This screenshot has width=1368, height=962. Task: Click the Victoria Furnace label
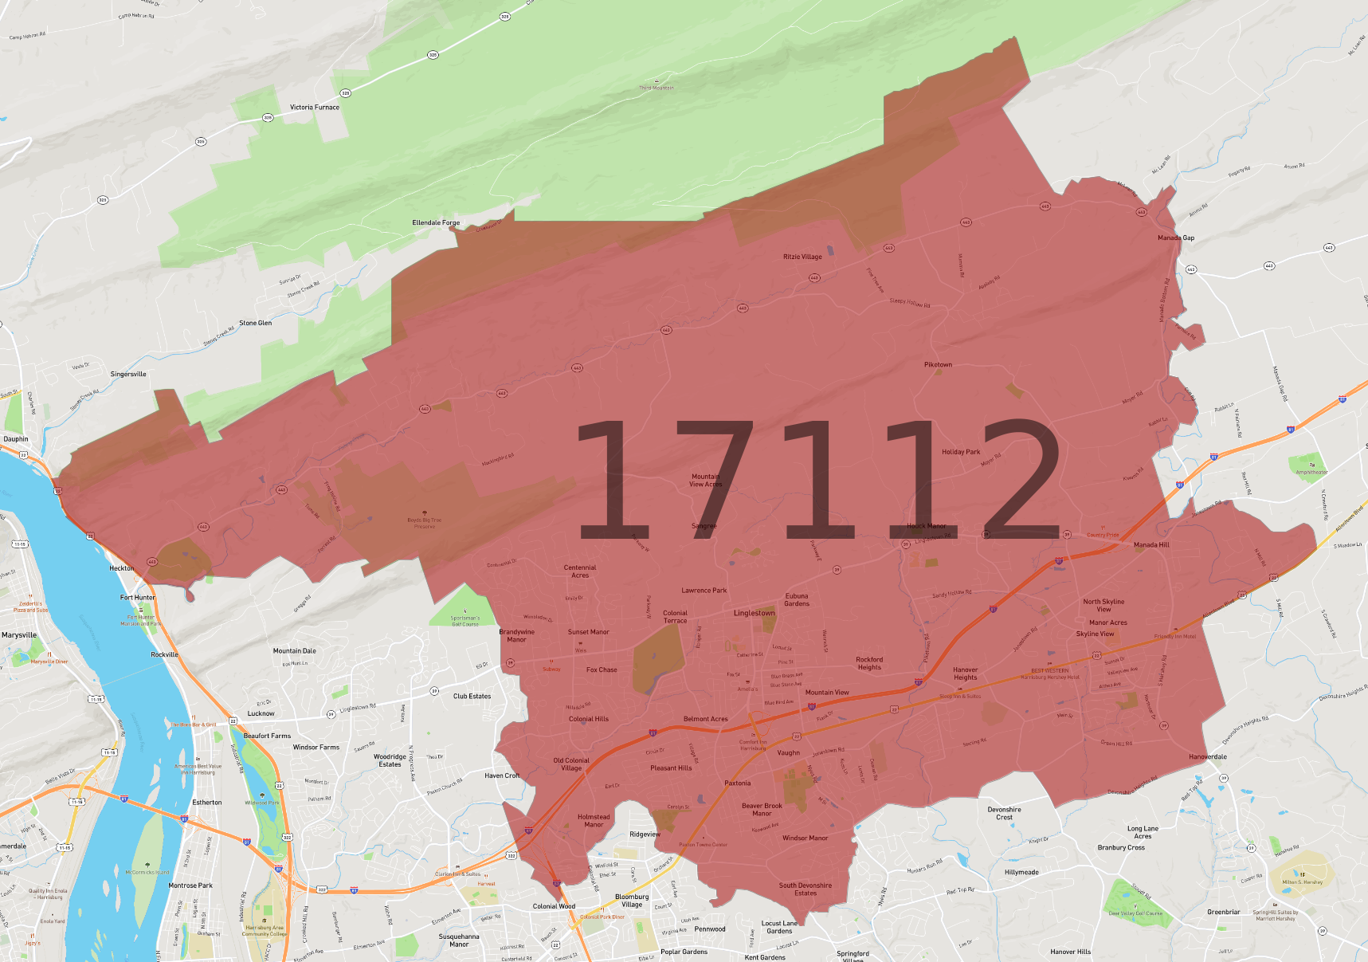[314, 107]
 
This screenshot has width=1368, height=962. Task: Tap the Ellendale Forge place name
[436, 222]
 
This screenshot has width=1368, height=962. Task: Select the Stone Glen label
[255, 323]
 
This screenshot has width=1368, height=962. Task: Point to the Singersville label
[128, 374]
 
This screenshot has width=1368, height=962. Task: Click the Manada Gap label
[1175, 238]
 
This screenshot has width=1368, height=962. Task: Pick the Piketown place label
[938, 364]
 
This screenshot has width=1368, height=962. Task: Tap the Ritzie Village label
[802, 257]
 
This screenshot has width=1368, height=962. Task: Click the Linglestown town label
[754, 613]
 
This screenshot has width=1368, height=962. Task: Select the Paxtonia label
[737, 783]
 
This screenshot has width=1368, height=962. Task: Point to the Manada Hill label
[1151, 544]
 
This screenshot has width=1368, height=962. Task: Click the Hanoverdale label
[1207, 756]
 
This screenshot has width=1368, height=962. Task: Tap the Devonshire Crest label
[1004, 813]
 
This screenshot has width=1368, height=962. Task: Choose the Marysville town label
[19, 635]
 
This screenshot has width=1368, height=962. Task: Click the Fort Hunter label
[138, 597]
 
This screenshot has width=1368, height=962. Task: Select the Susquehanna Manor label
[459, 940]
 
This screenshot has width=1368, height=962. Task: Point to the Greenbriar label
[1223, 912]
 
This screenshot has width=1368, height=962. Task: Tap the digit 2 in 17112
[1021, 478]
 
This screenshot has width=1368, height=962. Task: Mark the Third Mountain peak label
[656, 88]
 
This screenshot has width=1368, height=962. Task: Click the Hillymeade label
[1021, 872]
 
